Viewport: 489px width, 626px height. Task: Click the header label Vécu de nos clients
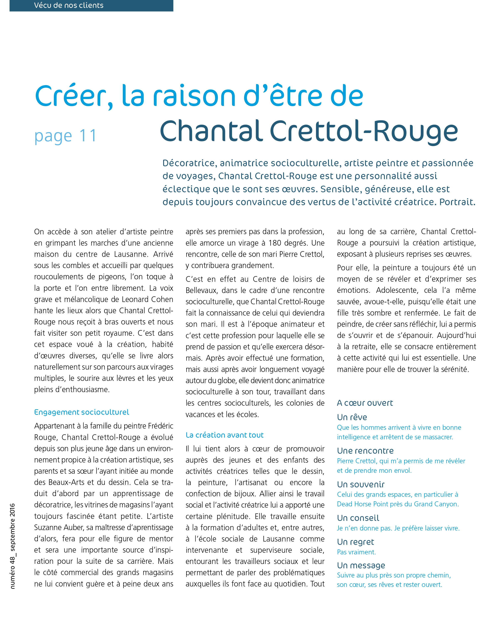coord(69,5)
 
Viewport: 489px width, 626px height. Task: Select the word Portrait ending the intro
coord(457,202)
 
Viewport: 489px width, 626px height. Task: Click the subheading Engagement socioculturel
coord(81,412)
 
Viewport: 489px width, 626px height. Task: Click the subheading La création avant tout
coord(225,435)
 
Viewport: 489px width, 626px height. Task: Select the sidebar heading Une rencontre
coord(365,451)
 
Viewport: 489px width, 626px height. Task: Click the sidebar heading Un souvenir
coord(361,484)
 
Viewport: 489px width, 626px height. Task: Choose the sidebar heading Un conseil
coord(358,518)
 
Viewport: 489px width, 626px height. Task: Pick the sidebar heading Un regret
coord(356,542)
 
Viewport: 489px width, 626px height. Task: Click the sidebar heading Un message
coord(361,565)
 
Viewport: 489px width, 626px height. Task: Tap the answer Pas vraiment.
coord(356,552)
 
